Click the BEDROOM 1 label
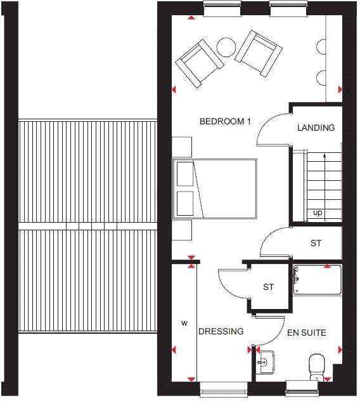(221, 121)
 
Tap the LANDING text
(316, 128)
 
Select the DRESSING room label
(221, 331)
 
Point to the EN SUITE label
(307, 331)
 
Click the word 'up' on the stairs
(317, 213)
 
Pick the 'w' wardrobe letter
(184, 323)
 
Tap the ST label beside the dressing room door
(269, 287)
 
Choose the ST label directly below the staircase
(315, 243)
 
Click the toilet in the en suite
(315, 366)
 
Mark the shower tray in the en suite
(318, 279)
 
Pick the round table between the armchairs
(226, 47)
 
